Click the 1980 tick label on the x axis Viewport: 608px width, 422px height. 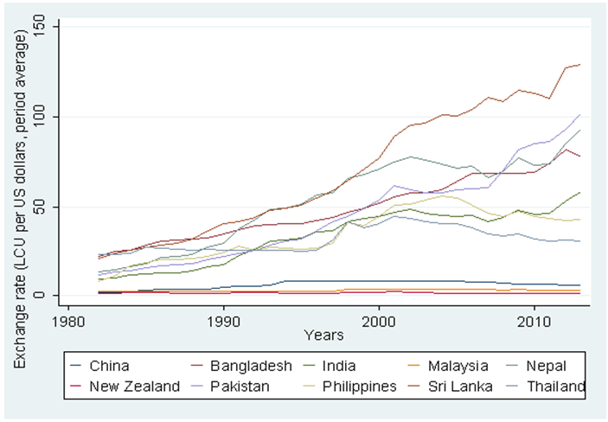click(70, 319)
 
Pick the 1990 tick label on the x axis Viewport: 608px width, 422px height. click(224, 319)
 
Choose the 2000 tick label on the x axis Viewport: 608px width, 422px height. click(378, 319)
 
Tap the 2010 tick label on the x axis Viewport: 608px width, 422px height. click(532, 319)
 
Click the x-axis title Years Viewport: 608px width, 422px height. click(324, 334)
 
